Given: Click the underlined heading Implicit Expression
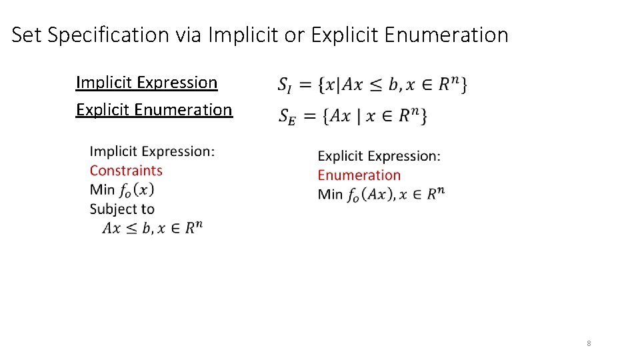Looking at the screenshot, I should pos(147,83).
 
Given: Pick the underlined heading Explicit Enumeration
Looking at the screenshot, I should pos(154,109).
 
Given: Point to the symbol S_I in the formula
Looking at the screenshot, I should pos(284,85).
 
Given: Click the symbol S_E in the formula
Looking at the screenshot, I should pos(287,117).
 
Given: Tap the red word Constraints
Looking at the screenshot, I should pos(126,171).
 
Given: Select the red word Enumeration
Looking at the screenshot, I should pos(359,175).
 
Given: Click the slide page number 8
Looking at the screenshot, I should pos(589,343).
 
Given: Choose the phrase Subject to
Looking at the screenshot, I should pos(122,209).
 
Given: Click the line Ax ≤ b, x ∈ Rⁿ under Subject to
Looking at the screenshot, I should pos(152,228).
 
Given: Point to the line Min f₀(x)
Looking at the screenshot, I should pos(122,190).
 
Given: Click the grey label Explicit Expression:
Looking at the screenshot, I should pos(379,156).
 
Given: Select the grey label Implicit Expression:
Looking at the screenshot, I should pos(152,151).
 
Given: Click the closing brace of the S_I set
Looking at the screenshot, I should pos(463,85).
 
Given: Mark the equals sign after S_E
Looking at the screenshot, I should pos(309,115).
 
